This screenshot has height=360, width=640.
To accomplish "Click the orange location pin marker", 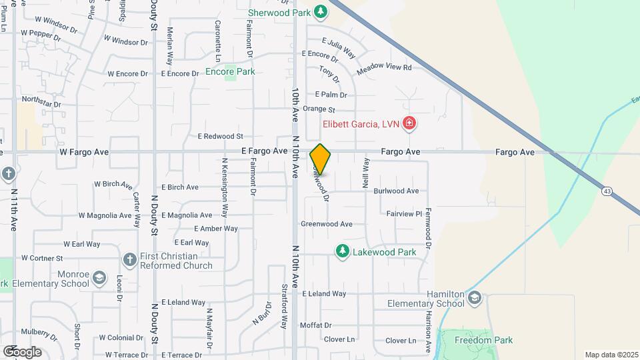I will tap(320, 159).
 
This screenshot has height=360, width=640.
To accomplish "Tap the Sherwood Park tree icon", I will tap(321, 12).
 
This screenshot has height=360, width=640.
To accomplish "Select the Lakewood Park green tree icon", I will tap(342, 251).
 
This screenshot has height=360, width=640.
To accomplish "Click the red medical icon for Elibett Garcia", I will tap(409, 123).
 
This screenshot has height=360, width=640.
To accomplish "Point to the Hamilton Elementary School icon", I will tap(474, 297).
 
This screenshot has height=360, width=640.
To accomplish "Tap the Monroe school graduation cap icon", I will tap(99, 277).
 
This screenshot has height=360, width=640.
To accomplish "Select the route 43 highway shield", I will tap(607, 191).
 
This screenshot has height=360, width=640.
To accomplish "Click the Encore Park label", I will tap(230, 71).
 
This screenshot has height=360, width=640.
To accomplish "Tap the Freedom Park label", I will tap(483, 340).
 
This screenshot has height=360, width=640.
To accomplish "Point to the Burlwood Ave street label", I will tap(396, 191).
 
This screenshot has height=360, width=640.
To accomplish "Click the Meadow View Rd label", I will tap(384, 68).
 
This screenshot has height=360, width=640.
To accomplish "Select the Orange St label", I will tap(318, 109).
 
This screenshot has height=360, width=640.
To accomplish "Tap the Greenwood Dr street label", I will tap(327, 224).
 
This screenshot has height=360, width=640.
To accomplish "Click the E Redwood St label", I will tap(220, 136).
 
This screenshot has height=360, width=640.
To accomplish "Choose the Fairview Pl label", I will tap(404, 213).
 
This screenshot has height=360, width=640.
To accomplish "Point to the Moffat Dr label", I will tap(316, 325).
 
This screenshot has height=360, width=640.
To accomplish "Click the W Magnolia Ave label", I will tap(105, 215).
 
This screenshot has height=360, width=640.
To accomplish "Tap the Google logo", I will tap(23, 351).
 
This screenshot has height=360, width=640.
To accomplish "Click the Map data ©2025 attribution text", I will tap(611, 354).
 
